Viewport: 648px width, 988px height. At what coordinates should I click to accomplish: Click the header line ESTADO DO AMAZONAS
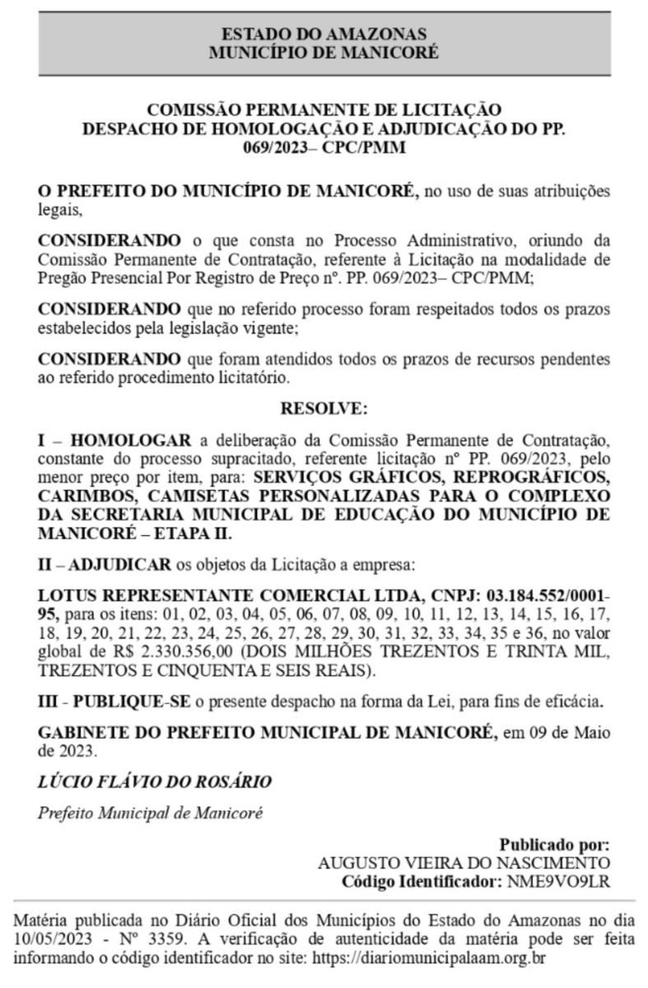pos(324,34)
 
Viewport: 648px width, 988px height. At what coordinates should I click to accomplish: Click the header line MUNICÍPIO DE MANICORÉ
pos(324,51)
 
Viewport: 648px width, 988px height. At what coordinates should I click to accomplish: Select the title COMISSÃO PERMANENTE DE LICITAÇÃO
pos(324,110)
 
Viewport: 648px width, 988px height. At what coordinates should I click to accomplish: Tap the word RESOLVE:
pos(324,408)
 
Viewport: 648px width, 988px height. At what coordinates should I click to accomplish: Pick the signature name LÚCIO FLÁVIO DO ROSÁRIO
pos(155,780)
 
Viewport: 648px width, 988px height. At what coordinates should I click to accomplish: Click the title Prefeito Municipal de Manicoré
pos(151,812)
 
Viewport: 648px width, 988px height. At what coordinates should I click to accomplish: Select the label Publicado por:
pos(554,845)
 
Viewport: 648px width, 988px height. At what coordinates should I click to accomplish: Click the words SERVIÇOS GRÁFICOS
pos(333,480)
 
